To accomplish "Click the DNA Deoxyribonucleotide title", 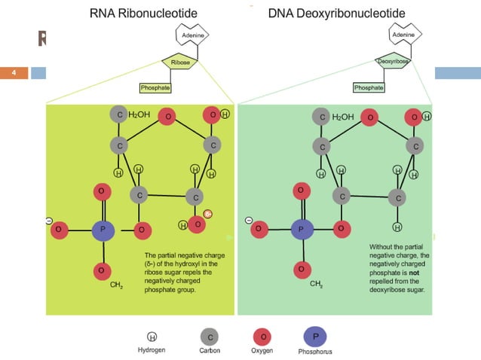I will coord(336,14).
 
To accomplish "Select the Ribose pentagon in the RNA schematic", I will coord(181,63).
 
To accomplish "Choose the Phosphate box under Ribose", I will coord(155,88).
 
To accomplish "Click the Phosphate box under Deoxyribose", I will coord(369,88).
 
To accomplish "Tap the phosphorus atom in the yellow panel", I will coord(103,228).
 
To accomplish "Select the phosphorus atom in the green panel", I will coord(301,228).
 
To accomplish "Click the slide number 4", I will coord(14,73).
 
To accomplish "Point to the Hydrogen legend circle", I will coord(152,337).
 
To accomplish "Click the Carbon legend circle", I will coord(210,336).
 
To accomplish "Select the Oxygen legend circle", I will coord(262,336).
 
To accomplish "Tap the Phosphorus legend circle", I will coord(314,336).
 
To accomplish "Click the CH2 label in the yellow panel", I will coord(117,285).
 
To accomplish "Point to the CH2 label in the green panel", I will coord(316,285).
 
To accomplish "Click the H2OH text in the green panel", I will coord(343,117).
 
